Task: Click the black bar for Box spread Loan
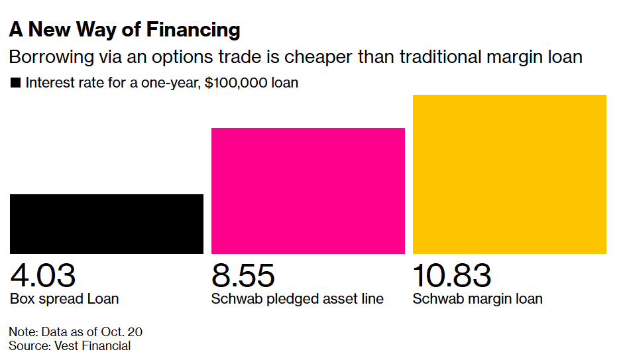pyautogui.click(x=106, y=223)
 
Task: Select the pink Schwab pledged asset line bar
pyautogui.click(x=308, y=190)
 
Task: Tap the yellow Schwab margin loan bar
pyautogui.click(x=509, y=174)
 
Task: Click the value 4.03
pyautogui.click(x=43, y=275)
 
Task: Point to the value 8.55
pyautogui.click(x=243, y=275)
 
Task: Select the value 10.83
pyautogui.click(x=452, y=275)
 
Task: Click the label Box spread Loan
pyautogui.click(x=64, y=299)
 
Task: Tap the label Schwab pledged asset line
pyautogui.click(x=297, y=299)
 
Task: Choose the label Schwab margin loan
pyautogui.click(x=477, y=299)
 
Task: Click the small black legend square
pyautogui.click(x=15, y=84)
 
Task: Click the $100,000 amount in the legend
pyautogui.click(x=228, y=84)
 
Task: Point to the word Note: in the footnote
pyautogui.click(x=23, y=331)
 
